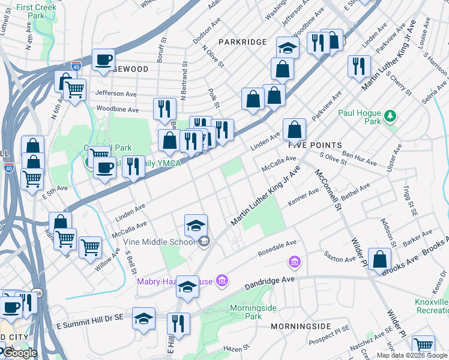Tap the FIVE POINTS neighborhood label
tap(315, 146)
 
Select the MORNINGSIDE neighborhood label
tap(301, 326)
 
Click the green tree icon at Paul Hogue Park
tap(390, 115)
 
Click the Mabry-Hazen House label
tap(175, 281)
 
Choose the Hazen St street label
tap(235, 348)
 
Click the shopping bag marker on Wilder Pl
tap(379, 259)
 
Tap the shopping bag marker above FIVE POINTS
tap(294, 129)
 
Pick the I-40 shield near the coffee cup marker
tap(76, 65)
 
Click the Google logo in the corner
tap(19, 353)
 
